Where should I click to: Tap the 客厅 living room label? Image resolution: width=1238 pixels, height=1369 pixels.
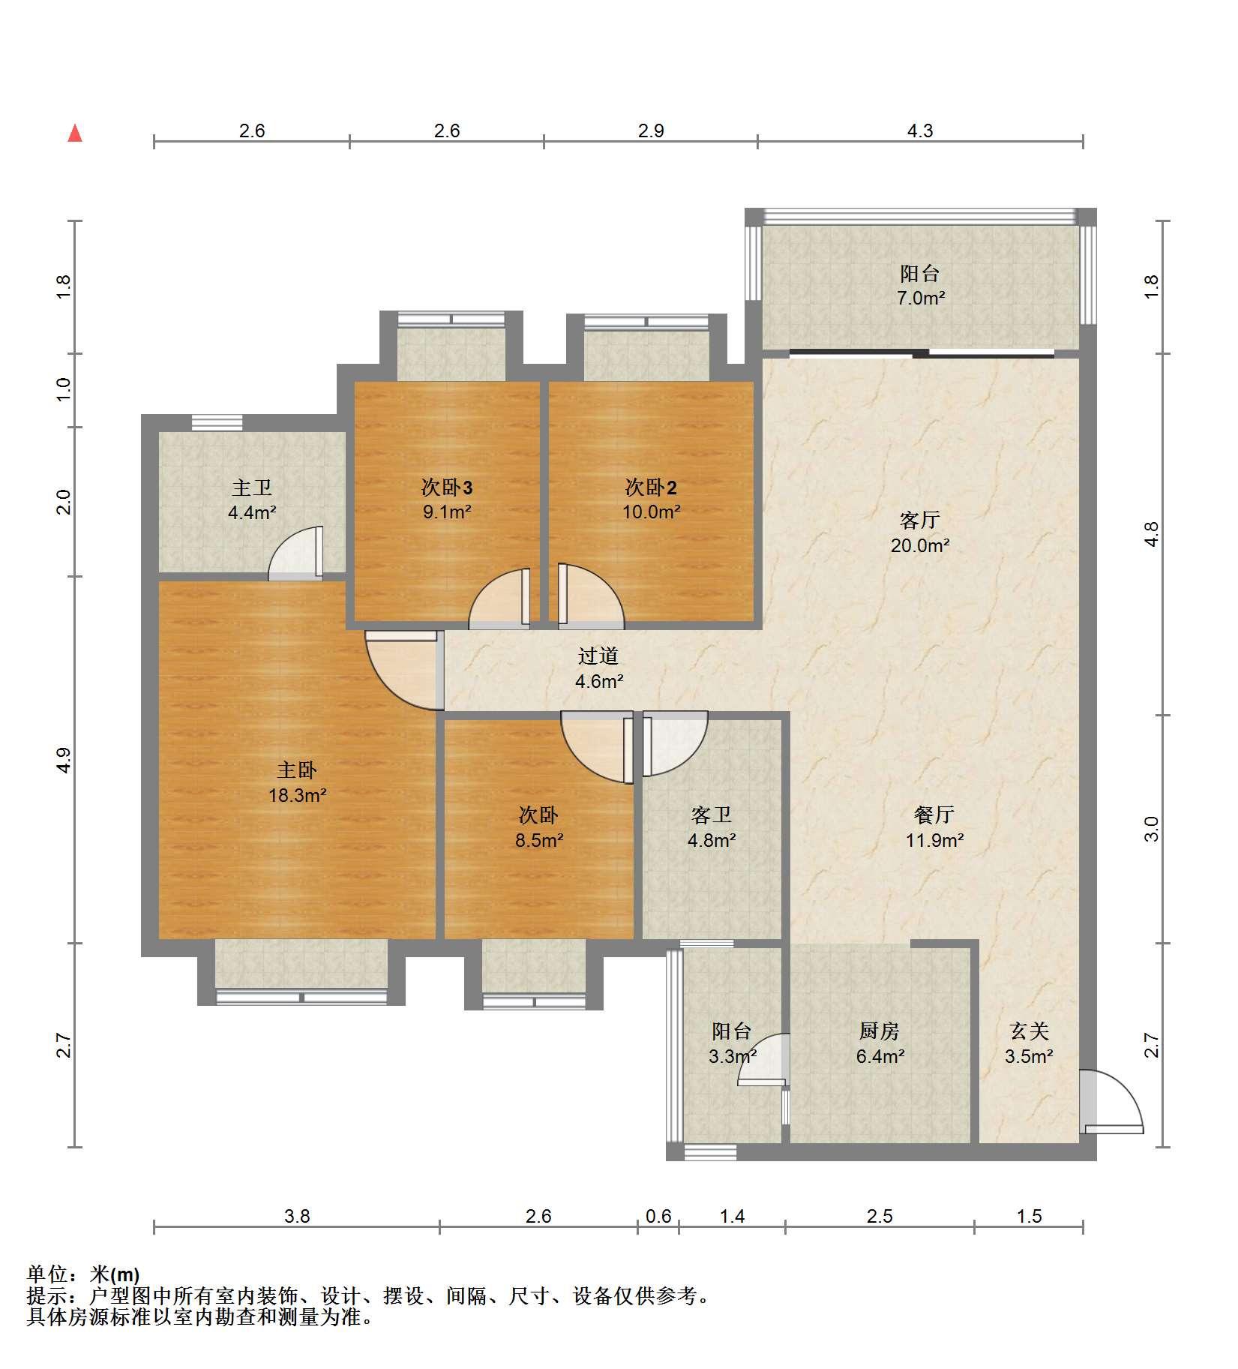click(919, 520)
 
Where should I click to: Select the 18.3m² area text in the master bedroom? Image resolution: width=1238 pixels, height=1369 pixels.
click(297, 795)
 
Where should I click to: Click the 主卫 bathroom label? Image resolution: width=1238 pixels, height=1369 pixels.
click(252, 488)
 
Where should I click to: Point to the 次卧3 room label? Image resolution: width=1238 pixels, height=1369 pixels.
click(447, 488)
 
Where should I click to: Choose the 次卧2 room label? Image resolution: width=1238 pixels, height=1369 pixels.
click(651, 488)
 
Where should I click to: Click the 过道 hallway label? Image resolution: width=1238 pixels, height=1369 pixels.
click(598, 656)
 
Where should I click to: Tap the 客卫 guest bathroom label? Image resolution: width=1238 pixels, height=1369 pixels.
click(711, 815)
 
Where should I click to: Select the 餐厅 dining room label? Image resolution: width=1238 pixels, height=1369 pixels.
click(934, 815)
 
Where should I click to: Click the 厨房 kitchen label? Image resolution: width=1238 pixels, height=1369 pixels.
click(880, 1031)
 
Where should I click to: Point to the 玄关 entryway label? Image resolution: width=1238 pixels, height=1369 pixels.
click(1029, 1031)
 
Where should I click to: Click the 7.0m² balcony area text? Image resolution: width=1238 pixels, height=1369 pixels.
click(921, 298)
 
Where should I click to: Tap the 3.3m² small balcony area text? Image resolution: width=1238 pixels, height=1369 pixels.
click(732, 1057)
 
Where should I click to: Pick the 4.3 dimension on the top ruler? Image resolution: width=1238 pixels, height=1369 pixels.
click(920, 131)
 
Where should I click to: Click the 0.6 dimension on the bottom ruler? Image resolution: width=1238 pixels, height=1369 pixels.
click(658, 1216)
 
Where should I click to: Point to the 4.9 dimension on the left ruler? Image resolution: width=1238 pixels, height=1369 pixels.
click(64, 760)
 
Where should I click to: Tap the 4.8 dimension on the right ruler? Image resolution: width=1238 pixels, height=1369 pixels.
click(1152, 533)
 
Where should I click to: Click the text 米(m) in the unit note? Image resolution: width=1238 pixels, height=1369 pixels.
click(115, 1274)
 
